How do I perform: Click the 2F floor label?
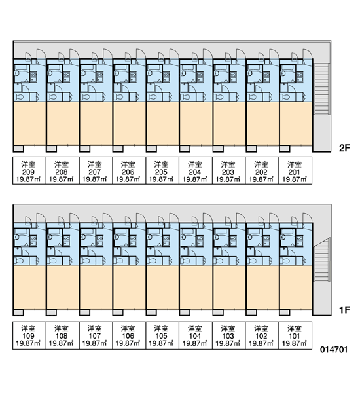(344, 148)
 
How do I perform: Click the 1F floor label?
(344, 310)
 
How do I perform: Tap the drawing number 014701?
(334, 350)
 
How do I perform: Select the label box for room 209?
(29, 170)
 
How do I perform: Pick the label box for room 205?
(162, 170)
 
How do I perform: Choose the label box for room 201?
(296, 170)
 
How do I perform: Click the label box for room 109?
(29, 335)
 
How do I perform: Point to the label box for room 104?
(196, 335)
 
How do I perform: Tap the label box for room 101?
(296, 335)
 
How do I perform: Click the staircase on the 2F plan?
(321, 89)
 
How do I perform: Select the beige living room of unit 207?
(96, 123)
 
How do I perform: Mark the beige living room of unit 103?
(229, 288)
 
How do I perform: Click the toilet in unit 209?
(18, 97)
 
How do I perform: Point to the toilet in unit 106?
(118, 261)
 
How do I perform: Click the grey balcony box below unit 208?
(52, 149)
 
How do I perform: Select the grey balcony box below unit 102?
(251, 312)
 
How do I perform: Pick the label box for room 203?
(229, 170)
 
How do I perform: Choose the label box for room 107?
(96, 335)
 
